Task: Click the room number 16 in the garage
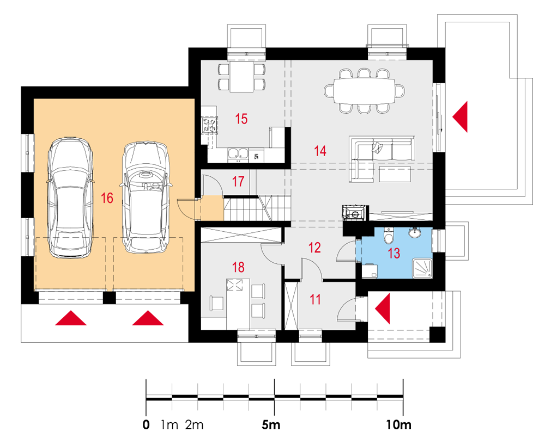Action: pyautogui.click(x=107, y=198)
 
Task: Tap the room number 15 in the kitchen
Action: pyautogui.click(x=241, y=119)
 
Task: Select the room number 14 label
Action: pyautogui.click(x=320, y=151)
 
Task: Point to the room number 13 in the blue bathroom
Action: pyautogui.click(x=394, y=253)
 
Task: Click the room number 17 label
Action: pyautogui.click(x=238, y=181)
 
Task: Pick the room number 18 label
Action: pyautogui.click(x=238, y=267)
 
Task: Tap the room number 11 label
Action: pyautogui.click(x=315, y=299)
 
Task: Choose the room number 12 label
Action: pyautogui.click(x=314, y=248)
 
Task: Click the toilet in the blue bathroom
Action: pyautogui.click(x=388, y=236)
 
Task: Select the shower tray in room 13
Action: pyautogui.click(x=422, y=268)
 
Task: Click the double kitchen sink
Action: pyautogui.click(x=238, y=155)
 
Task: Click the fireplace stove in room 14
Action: pyautogui.click(x=355, y=212)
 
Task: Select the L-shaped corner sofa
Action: pyautogui.click(x=381, y=158)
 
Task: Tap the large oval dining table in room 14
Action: pyautogui.click(x=364, y=91)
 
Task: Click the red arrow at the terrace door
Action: pyautogui.click(x=460, y=116)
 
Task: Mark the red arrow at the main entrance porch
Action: pyautogui.click(x=383, y=309)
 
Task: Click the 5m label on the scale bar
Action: pyautogui.click(x=271, y=424)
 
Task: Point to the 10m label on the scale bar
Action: pyautogui.click(x=398, y=424)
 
